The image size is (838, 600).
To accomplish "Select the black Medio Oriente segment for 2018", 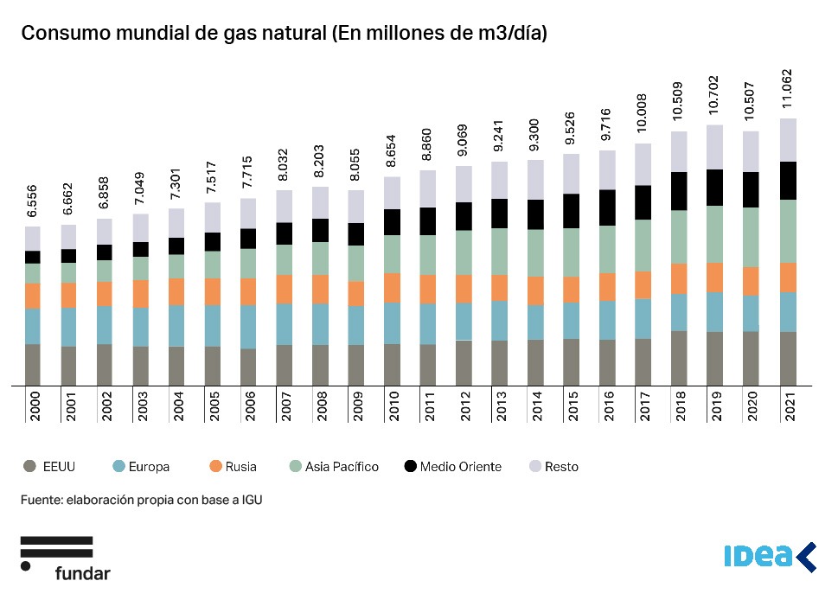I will point(679,191).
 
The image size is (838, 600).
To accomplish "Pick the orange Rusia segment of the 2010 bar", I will point(392,288).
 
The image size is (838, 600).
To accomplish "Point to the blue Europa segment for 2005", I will point(213,326).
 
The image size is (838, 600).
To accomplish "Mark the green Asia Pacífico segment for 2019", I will point(714,234).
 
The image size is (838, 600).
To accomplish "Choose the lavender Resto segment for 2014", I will point(535,180).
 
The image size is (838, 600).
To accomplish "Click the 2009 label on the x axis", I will point(356,404).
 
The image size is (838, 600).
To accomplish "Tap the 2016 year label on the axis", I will point(607,404).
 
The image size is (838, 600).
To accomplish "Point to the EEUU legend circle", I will point(29,467).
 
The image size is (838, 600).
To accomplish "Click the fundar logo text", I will point(82,572).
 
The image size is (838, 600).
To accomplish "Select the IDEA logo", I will point(769,557).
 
